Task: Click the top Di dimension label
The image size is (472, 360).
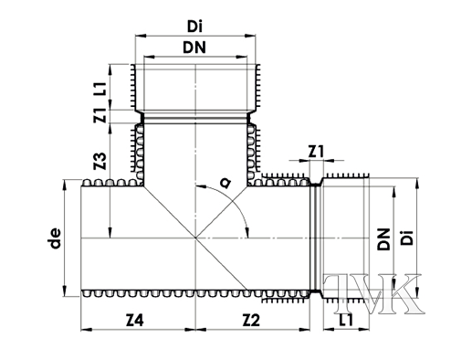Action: tap(194, 21)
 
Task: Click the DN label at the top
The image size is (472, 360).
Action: tap(194, 47)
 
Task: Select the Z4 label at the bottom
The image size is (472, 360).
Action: tap(134, 320)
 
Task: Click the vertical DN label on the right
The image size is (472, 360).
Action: tap(384, 238)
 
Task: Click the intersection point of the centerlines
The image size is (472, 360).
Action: tap(194, 238)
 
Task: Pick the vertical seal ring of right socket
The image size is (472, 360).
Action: tap(317, 238)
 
